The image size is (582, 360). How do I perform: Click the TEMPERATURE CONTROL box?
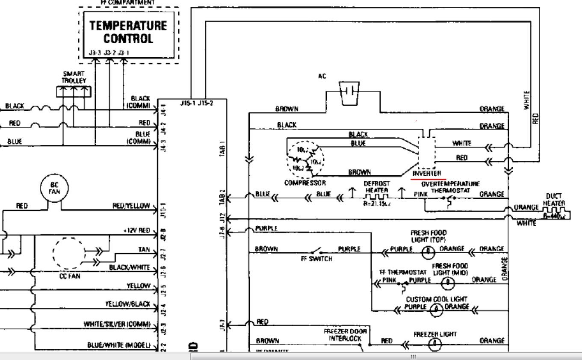[x=128, y=32]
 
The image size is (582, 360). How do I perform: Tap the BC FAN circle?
[x=54, y=188]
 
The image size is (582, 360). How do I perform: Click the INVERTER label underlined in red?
[x=426, y=174]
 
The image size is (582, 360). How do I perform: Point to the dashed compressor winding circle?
[x=305, y=160]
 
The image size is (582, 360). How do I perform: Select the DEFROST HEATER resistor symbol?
[x=376, y=197]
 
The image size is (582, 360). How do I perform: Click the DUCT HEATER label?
[x=555, y=200]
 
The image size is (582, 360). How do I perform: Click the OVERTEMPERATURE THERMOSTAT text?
[x=450, y=187]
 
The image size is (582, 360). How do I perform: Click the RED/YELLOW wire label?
[x=131, y=206]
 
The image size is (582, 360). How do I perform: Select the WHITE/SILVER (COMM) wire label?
[x=117, y=324]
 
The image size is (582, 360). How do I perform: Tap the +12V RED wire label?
[x=136, y=230]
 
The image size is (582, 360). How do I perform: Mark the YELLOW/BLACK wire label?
[x=128, y=304]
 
